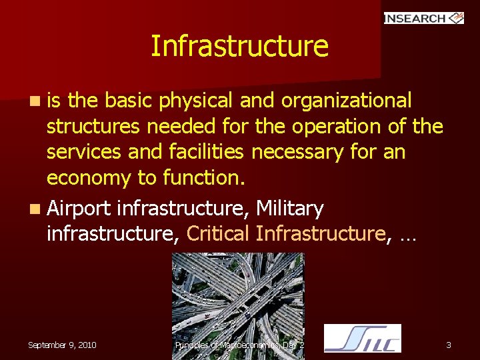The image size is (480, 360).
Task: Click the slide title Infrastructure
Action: coord(239,47)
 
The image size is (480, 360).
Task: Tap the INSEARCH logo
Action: coord(423,18)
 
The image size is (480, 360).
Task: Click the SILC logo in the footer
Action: coord(362,338)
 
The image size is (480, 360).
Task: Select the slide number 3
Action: coord(449,345)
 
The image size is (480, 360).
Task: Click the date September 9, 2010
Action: coord(62,345)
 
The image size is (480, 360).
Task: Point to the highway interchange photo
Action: coord(238,293)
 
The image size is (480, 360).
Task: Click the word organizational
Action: coord(346,101)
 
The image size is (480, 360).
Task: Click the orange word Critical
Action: coord(218,234)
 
